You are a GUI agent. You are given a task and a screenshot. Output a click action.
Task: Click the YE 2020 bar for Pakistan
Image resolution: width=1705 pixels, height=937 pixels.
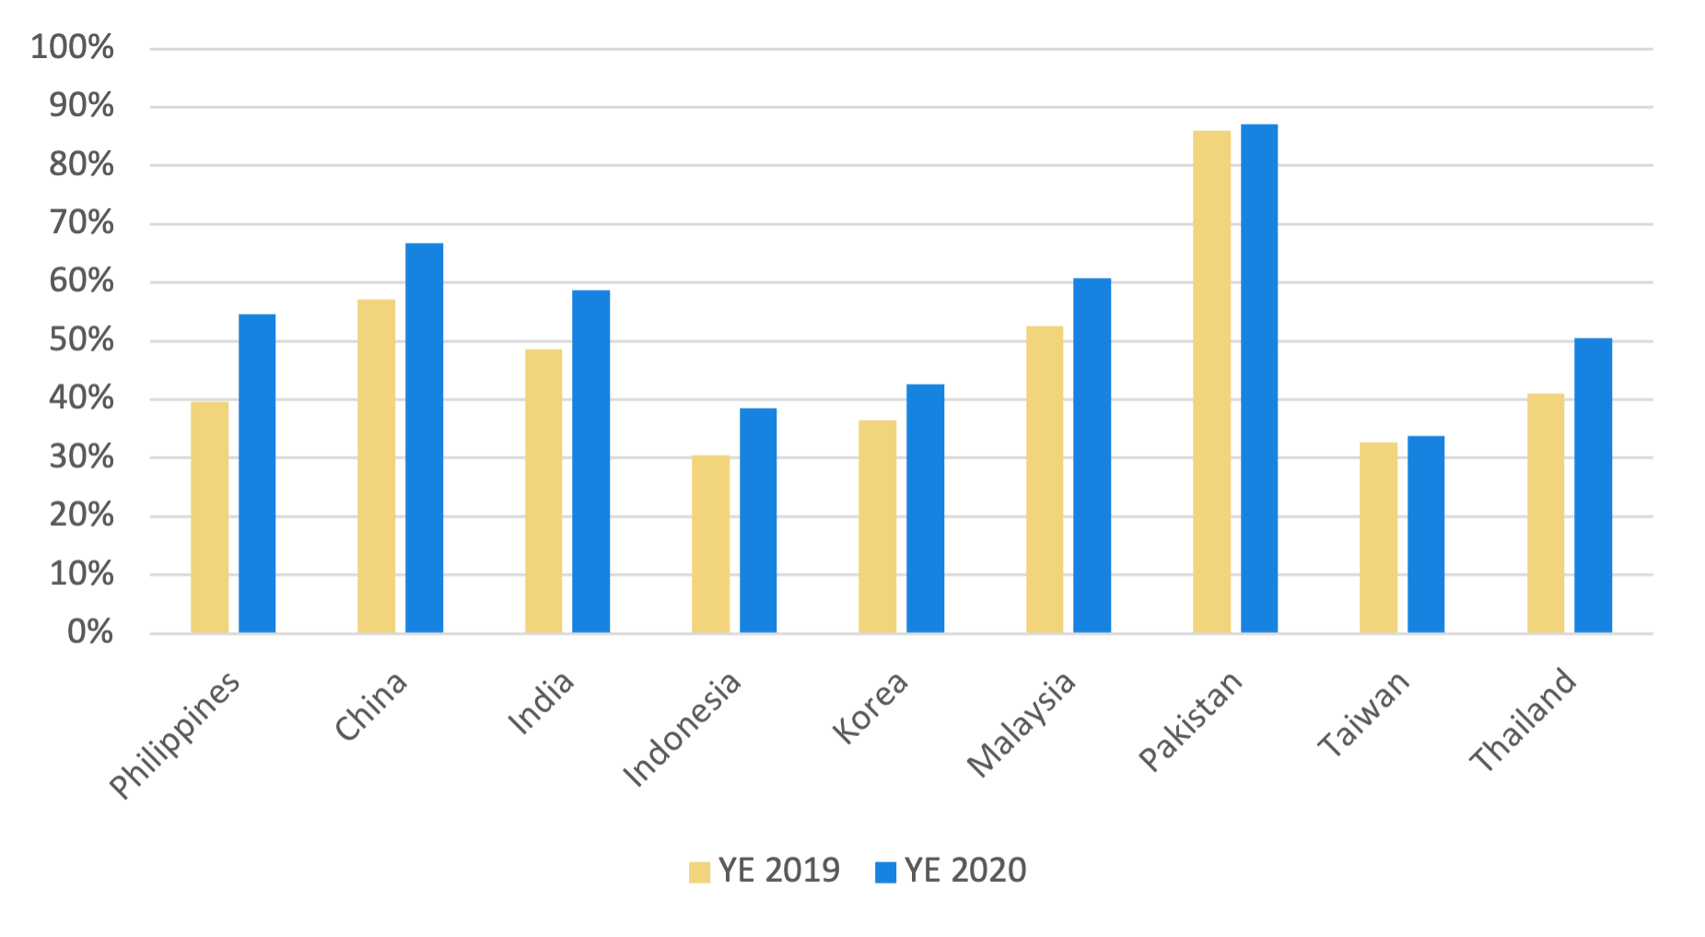[x=1259, y=378]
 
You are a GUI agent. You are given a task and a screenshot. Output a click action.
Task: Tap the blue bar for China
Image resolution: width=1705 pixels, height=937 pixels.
[x=425, y=438]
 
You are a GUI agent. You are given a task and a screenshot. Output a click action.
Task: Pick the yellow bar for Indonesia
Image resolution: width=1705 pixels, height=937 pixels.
[x=711, y=544]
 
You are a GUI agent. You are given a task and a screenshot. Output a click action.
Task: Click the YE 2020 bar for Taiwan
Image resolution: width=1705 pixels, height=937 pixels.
[x=1426, y=534]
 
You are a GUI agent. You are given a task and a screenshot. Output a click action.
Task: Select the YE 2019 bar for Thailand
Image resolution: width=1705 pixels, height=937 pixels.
[x=1546, y=512]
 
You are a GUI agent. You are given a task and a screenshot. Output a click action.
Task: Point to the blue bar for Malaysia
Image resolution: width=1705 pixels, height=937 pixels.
[x=1092, y=455]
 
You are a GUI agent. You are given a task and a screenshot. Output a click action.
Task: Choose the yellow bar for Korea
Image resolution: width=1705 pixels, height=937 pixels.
[x=878, y=526]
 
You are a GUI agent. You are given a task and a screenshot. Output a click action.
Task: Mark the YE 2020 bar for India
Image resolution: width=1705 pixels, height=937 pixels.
[x=591, y=461]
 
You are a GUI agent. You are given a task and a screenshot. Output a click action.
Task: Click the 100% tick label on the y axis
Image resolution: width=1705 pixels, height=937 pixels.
[x=73, y=48]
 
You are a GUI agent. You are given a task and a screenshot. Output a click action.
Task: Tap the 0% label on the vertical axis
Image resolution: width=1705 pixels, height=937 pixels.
[x=90, y=632]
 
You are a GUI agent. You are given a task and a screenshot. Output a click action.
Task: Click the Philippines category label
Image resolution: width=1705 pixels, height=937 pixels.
[x=175, y=735]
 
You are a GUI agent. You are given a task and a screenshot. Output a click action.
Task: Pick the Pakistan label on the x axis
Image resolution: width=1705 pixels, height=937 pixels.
[x=1190, y=720]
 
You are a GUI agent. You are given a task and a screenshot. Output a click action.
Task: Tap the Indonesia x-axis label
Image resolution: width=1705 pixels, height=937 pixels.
[x=682, y=729]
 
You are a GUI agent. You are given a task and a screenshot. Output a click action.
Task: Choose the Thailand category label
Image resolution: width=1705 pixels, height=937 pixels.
[x=1523, y=720]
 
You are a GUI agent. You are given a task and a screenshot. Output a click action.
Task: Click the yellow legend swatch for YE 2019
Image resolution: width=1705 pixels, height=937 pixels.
[x=700, y=872]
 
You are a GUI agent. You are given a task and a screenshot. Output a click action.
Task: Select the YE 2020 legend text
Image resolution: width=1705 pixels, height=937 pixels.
[x=965, y=871]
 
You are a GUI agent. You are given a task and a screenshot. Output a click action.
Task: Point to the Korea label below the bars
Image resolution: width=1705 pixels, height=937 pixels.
[x=870, y=708]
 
